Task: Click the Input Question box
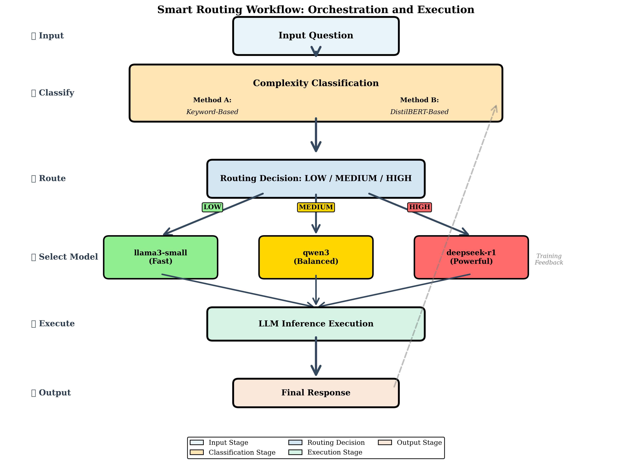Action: [x=316, y=36]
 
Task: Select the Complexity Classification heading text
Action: [x=316, y=83]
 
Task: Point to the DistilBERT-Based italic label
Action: [x=419, y=112]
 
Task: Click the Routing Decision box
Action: [x=316, y=178]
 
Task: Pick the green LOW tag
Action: [x=212, y=207]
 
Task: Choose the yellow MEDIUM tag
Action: [x=316, y=207]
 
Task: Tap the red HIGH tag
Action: [x=419, y=207]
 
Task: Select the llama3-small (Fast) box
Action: [x=161, y=257]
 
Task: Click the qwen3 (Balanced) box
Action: [x=316, y=257]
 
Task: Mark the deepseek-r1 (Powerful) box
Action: [x=471, y=257]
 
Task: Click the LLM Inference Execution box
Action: [x=316, y=324]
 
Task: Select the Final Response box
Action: [x=316, y=393]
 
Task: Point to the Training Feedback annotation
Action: [x=548, y=259]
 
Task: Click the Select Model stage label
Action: [x=65, y=257]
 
